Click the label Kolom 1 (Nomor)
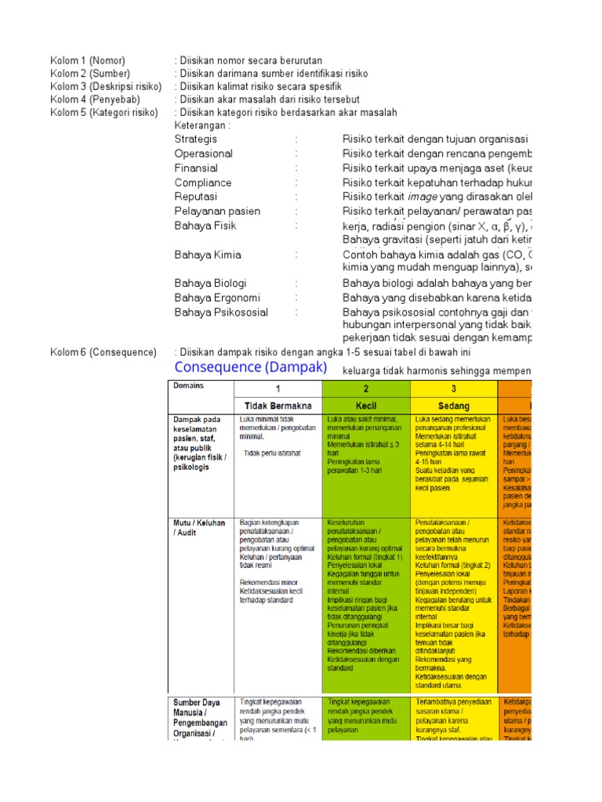coord(87,61)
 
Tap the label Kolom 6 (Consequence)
coord(103,352)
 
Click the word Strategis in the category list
coord(196,139)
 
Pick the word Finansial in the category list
coord(196,168)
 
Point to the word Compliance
coord(203,182)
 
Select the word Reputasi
coord(196,197)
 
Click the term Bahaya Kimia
coord(208,255)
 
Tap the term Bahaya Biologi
coord(210,283)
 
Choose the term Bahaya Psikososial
coord(221,312)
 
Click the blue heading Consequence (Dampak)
coord(251,367)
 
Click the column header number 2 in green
coord(365,389)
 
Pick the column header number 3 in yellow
coord(453,389)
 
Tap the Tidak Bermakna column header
coord(277,406)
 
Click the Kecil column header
coord(366,406)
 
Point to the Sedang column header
coord(454,406)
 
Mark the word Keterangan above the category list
coord(202,125)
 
